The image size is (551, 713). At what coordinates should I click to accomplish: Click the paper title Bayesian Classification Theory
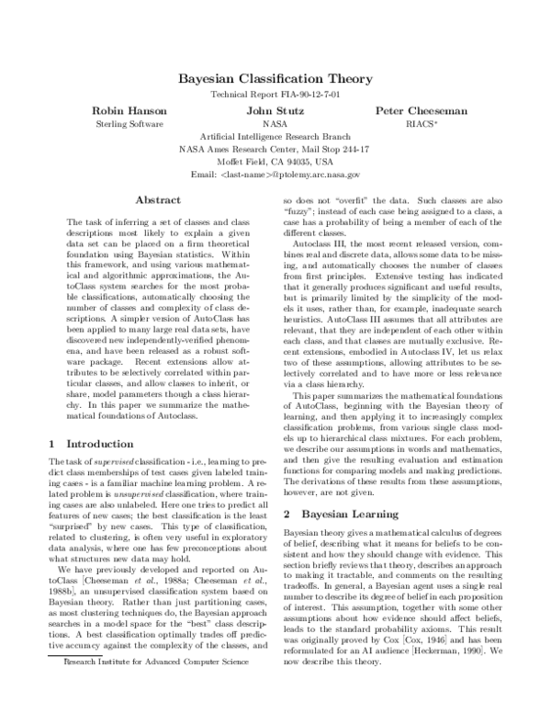coord(275,79)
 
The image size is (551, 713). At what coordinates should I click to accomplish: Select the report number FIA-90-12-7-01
coord(308,95)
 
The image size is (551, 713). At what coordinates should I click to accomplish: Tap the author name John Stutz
coord(275,110)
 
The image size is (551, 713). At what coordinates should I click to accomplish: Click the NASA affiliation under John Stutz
coord(275,123)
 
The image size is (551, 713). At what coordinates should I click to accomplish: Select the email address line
coord(275,174)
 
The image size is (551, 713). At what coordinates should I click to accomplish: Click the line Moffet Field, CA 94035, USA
coord(275,161)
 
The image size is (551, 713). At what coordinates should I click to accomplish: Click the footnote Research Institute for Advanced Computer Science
coord(152,686)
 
